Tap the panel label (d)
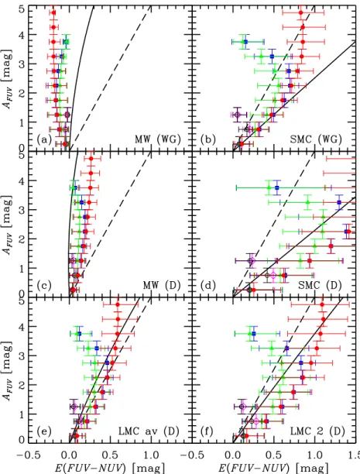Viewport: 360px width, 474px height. (208, 285)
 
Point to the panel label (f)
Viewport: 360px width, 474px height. (207, 431)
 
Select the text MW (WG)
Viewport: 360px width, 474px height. (157, 139)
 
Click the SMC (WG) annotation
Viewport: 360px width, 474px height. (316, 139)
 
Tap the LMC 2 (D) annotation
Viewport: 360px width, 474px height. (317, 431)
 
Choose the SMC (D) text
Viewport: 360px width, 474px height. (320, 285)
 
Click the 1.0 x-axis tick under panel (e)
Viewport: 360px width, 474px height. (150, 455)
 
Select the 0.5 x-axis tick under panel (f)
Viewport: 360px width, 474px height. (274, 455)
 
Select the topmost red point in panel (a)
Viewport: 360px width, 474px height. (53, 12)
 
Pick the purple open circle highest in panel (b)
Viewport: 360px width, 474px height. (237, 115)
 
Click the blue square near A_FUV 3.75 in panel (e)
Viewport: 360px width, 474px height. (79, 334)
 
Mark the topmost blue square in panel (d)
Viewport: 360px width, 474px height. (277, 188)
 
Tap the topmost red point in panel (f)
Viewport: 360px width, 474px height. (322, 304)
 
